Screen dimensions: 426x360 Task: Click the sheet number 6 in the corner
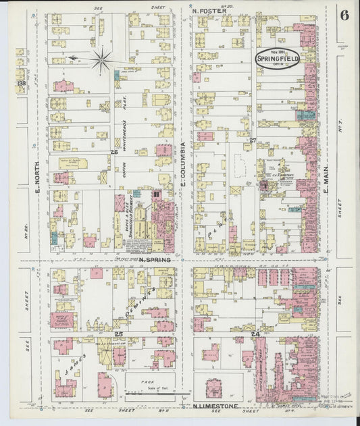344,16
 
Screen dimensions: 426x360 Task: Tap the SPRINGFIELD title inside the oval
277,59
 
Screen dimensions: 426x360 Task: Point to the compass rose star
101,59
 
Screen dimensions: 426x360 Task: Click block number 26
114,153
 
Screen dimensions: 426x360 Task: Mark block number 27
253,140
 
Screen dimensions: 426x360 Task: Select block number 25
118,334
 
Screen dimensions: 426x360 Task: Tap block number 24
255,334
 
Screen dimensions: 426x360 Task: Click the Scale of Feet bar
152,392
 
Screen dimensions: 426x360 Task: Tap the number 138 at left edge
22,84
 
